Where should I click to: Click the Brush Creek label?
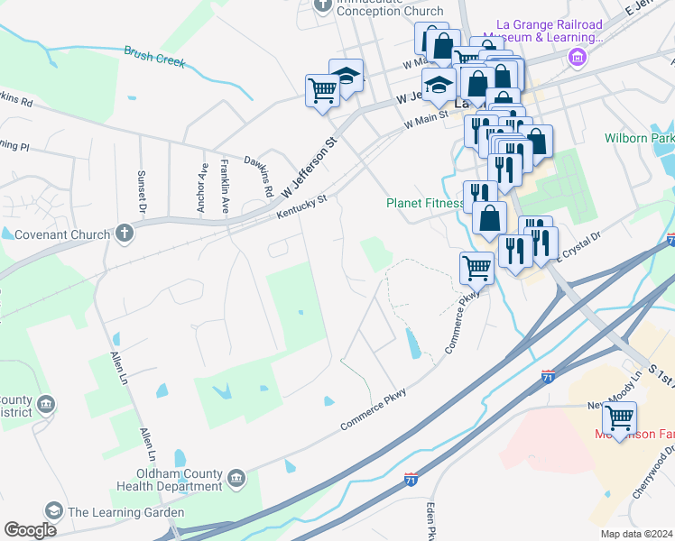coord(154,58)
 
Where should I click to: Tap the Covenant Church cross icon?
coord(125,234)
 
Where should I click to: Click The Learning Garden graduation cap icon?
coord(54,512)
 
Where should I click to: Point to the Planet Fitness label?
coord(424,204)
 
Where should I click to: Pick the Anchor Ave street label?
coord(202,187)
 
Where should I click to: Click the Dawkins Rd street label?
coord(259,177)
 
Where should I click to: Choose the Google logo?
coord(30,530)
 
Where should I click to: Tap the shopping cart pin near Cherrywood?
coord(619,418)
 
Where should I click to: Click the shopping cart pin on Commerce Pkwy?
coord(476,268)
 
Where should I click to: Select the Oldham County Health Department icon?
coord(236,477)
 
